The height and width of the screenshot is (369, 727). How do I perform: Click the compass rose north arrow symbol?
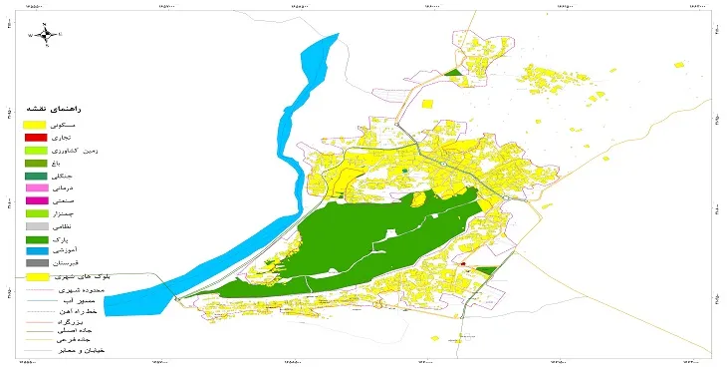(x=46, y=33)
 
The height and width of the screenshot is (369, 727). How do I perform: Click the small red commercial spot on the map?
(x=463, y=264)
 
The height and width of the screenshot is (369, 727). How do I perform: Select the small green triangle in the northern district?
(x=455, y=73)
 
